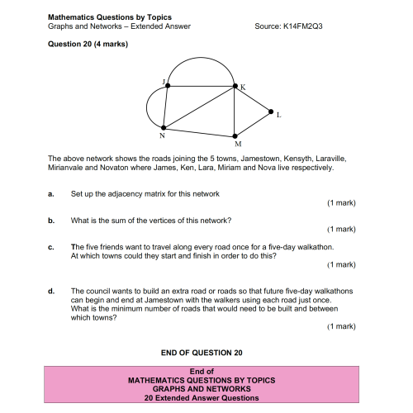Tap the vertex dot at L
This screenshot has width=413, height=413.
[x=271, y=111]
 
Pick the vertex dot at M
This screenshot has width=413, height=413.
[x=236, y=134]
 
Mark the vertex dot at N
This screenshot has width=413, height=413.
[x=164, y=127]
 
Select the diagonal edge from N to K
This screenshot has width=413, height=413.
[x=199, y=106]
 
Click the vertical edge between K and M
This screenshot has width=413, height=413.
[x=235, y=109]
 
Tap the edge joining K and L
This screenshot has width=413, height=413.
[x=253, y=97]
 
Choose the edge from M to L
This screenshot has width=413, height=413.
[x=254, y=122]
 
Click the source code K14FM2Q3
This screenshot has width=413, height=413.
[x=301, y=26]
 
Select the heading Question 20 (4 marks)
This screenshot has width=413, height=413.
[x=88, y=43]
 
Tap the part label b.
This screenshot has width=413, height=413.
[x=51, y=221]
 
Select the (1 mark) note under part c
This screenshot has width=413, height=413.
[x=341, y=264]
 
